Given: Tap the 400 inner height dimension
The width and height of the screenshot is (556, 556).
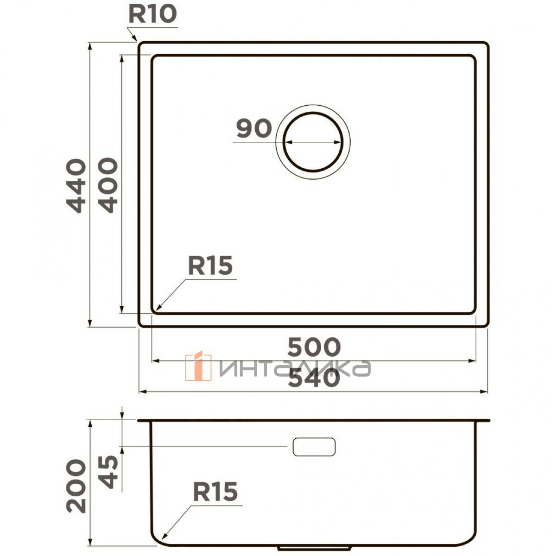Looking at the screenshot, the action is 108,185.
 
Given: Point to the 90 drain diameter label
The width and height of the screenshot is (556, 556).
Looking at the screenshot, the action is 254,128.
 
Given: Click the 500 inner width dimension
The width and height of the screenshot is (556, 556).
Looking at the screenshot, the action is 314,347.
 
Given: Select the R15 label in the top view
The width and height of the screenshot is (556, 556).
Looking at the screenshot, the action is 210,266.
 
